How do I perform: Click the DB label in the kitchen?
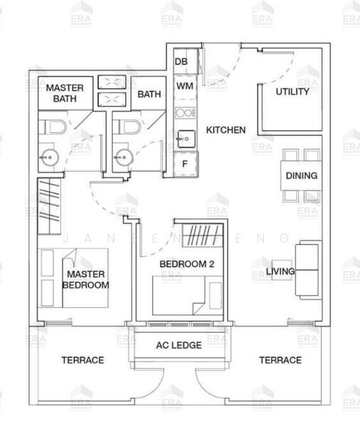(181, 62)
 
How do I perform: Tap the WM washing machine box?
(184, 86)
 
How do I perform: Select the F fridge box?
(185, 163)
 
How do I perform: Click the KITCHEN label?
(226, 130)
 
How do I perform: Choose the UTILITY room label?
(292, 92)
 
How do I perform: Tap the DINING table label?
(301, 176)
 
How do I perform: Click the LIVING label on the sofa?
(280, 271)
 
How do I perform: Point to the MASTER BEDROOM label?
(86, 279)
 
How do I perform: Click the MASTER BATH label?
(65, 93)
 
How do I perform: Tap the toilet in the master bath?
(54, 129)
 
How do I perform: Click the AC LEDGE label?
(179, 345)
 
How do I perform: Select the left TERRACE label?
(83, 360)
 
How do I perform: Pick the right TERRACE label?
(280, 360)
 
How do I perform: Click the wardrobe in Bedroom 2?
(200, 236)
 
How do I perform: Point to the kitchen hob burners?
(184, 112)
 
